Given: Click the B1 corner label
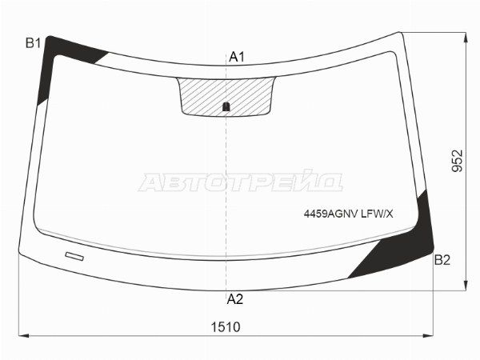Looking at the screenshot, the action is click(33, 43).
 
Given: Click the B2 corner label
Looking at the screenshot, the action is click(442, 260).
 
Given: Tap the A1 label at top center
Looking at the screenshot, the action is click(237, 57).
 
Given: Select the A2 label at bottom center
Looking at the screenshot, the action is click(234, 299).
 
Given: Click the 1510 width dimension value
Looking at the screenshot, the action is click(226, 327).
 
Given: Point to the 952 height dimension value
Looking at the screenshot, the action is click(458, 161).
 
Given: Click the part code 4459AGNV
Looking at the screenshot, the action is click(330, 214).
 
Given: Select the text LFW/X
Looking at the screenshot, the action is click(377, 214).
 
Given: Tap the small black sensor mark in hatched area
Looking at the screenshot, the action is click(226, 106).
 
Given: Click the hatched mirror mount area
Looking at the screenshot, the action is click(226, 97).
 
